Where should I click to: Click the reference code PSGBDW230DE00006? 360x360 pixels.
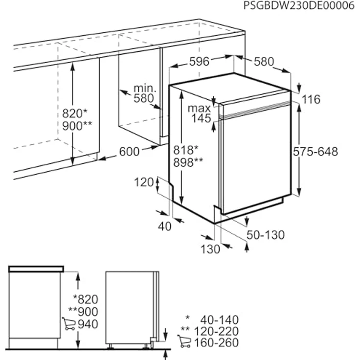(x=299, y=5)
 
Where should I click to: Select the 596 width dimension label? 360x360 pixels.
(x=199, y=62)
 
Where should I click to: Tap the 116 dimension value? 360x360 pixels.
(x=311, y=99)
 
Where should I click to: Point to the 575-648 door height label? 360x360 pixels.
(x=315, y=152)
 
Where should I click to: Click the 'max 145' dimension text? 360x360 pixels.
(x=199, y=113)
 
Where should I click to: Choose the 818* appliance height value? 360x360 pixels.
(x=185, y=150)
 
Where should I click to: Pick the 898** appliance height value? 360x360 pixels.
(x=188, y=162)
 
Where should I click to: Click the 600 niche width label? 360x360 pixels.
(x=129, y=152)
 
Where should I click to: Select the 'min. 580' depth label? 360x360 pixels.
(x=144, y=93)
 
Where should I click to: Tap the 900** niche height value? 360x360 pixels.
(x=77, y=126)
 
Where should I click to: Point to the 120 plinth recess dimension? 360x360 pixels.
(x=144, y=182)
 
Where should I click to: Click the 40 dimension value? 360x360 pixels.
(x=165, y=226)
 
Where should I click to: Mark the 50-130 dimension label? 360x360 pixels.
(x=266, y=235)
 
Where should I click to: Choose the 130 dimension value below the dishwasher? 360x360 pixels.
(x=210, y=249)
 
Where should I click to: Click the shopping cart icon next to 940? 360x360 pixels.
(x=68, y=323)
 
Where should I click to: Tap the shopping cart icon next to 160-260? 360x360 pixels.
(x=184, y=341)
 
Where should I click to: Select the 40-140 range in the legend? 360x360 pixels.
(x=219, y=319)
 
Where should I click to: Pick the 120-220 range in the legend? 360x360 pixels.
(x=216, y=331)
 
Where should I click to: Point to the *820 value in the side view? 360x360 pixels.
(x=86, y=299)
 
